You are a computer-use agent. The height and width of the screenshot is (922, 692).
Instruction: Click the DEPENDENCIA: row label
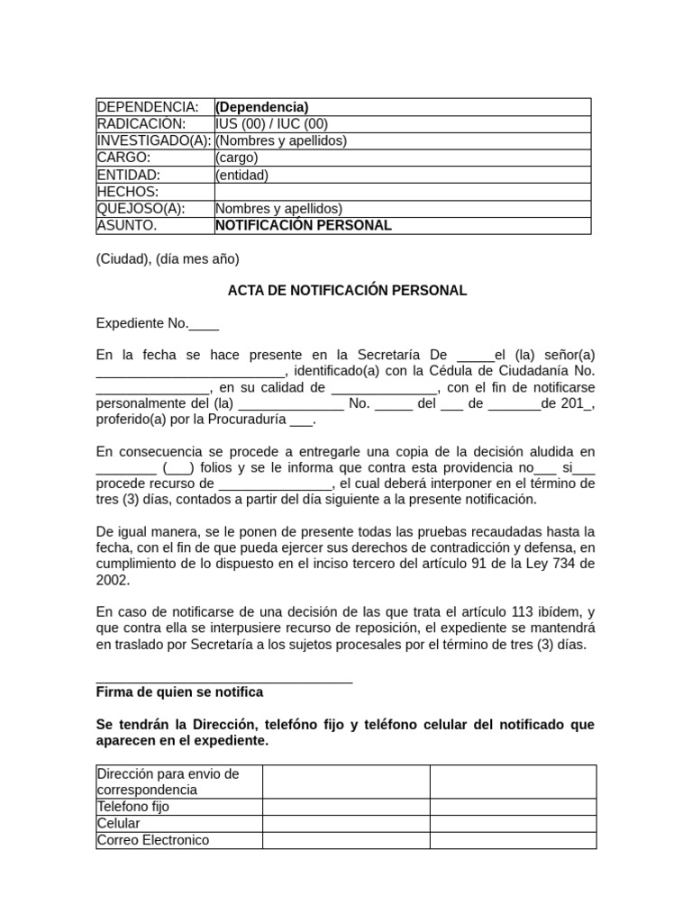click(147, 107)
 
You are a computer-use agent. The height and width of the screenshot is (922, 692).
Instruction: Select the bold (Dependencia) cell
click(261, 107)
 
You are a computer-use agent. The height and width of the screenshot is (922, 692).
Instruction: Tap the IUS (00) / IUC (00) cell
click(271, 124)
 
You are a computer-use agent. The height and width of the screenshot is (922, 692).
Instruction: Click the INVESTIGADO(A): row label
click(154, 140)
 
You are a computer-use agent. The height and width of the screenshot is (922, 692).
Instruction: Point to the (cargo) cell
click(236, 158)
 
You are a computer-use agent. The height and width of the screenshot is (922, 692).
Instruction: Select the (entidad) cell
click(241, 175)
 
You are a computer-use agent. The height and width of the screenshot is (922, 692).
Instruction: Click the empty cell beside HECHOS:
click(402, 192)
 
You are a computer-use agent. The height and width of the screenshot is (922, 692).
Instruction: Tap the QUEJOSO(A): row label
click(141, 208)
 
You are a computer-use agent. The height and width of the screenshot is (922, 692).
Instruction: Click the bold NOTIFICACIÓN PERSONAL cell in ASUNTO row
click(304, 225)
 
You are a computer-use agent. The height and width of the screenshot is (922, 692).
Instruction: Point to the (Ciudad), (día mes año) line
click(168, 259)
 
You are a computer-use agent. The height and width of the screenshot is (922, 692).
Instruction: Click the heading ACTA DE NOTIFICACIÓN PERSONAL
click(347, 291)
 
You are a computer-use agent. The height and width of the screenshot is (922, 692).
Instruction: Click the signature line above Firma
click(223, 683)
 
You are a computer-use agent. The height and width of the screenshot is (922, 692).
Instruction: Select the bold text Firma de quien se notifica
click(179, 692)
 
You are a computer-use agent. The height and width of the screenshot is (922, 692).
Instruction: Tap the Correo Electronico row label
click(153, 840)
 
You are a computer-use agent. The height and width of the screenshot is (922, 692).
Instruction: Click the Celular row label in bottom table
click(119, 824)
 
